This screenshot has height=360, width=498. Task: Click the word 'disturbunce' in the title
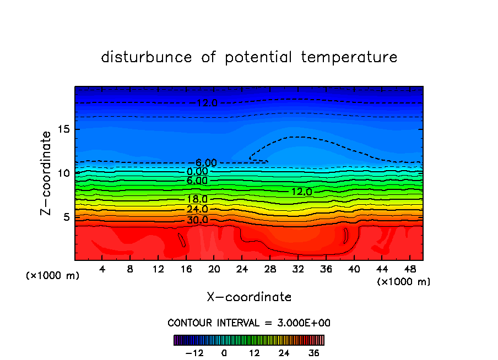coord(147,57)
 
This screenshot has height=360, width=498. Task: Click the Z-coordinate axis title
coord(47,172)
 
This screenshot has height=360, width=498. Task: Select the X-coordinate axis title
coord(249,297)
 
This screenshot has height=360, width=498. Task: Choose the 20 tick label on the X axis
coord(214,270)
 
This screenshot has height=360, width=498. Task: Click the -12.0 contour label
coord(206,103)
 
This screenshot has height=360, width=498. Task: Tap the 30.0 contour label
coord(197,220)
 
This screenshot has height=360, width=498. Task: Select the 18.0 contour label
coord(197,199)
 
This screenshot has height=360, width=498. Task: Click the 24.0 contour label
coord(197,209)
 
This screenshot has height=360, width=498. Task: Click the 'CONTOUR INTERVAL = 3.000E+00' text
coord(249,323)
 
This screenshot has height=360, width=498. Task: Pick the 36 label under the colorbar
coord(314,353)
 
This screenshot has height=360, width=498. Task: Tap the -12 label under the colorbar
coord(194,353)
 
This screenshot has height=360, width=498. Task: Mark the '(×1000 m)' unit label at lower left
coord(53,276)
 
